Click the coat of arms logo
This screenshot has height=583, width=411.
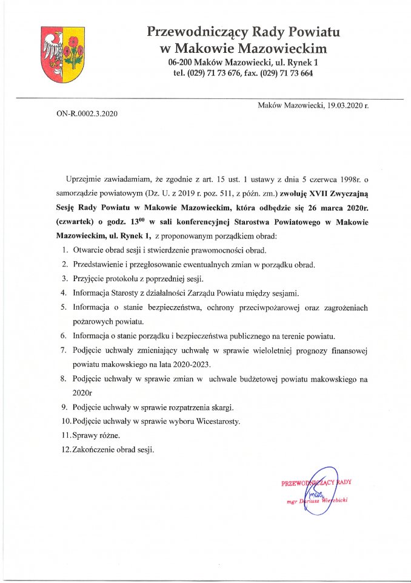[62, 55]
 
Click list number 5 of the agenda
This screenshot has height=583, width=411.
[64, 308]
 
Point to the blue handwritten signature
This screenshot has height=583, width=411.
[319, 489]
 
